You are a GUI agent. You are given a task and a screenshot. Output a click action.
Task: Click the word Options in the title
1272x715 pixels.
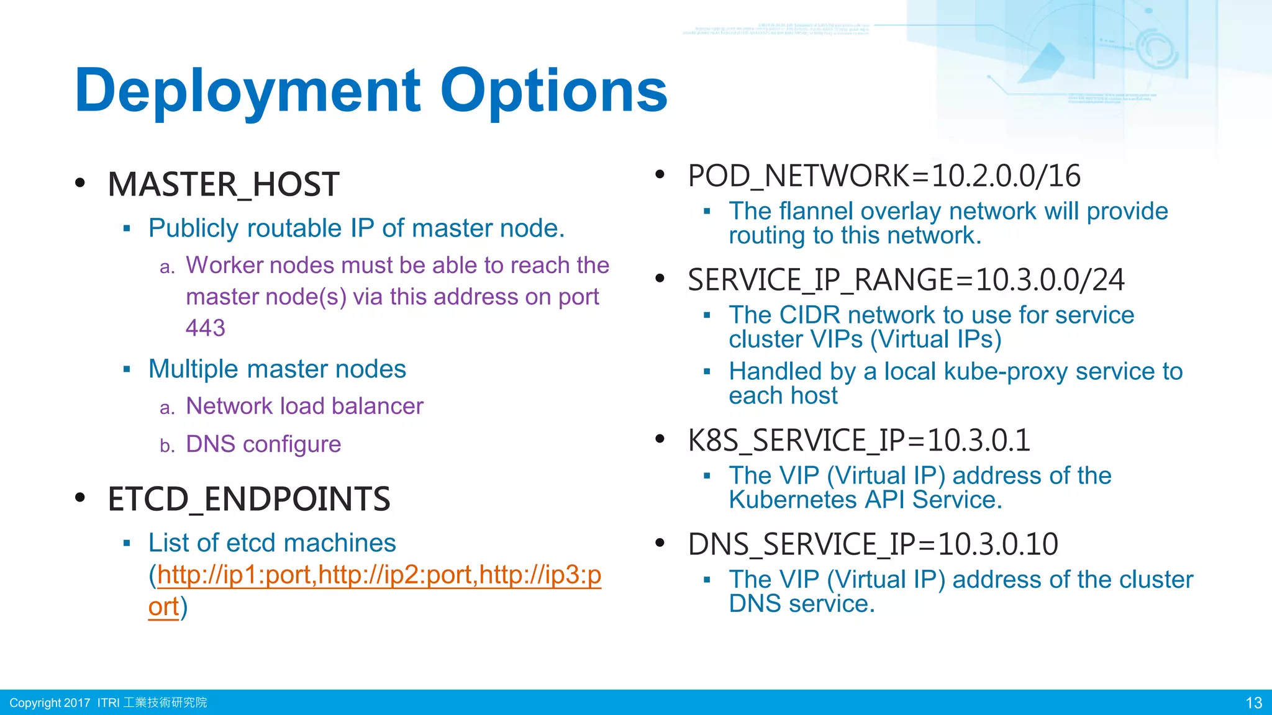[x=553, y=91]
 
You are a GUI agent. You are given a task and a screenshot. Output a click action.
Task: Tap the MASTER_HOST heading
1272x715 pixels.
[x=223, y=184]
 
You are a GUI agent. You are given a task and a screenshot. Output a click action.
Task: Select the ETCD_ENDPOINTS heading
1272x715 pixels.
[x=248, y=499]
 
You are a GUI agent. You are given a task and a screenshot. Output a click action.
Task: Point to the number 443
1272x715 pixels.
[x=205, y=328]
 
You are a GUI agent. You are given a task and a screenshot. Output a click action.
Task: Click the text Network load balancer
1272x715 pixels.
[x=304, y=406]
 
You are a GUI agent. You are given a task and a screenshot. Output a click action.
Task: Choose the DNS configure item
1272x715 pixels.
[x=263, y=444]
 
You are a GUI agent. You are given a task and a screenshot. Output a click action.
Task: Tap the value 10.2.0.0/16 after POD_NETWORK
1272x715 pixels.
[x=1006, y=176]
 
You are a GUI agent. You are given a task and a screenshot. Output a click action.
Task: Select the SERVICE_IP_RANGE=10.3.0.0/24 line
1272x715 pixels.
[x=906, y=280]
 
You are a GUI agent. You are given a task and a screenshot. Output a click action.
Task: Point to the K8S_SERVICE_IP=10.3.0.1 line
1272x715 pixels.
[x=858, y=440]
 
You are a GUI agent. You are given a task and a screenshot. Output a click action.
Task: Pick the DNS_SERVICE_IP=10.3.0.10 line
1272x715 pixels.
[x=873, y=544]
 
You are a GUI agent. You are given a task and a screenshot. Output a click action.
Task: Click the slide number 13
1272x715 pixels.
[x=1253, y=703]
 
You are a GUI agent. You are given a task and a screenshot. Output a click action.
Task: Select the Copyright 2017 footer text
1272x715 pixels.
[x=50, y=703]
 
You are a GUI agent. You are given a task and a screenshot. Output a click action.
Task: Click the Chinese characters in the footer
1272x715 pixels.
[x=165, y=703]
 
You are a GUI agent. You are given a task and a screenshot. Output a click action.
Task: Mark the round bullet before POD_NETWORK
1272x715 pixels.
[x=660, y=175]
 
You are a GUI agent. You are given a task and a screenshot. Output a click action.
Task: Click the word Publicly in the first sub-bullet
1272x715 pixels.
[x=193, y=228]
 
